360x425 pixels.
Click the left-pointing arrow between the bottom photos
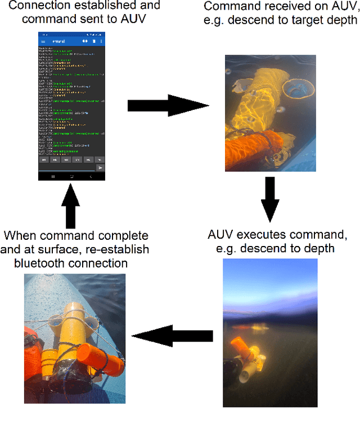click(x=172, y=337)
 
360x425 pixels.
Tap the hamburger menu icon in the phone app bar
click(x=43, y=42)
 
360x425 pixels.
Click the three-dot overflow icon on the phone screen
click(x=101, y=42)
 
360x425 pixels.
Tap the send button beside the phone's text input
click(x=100, y=168)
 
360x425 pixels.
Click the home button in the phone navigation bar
click(x=71, y=176)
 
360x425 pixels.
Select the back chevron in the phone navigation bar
click(x=91, y=176)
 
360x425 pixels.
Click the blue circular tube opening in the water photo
click(x=298, y=86)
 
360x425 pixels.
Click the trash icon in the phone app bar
click(x=93, y=42)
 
